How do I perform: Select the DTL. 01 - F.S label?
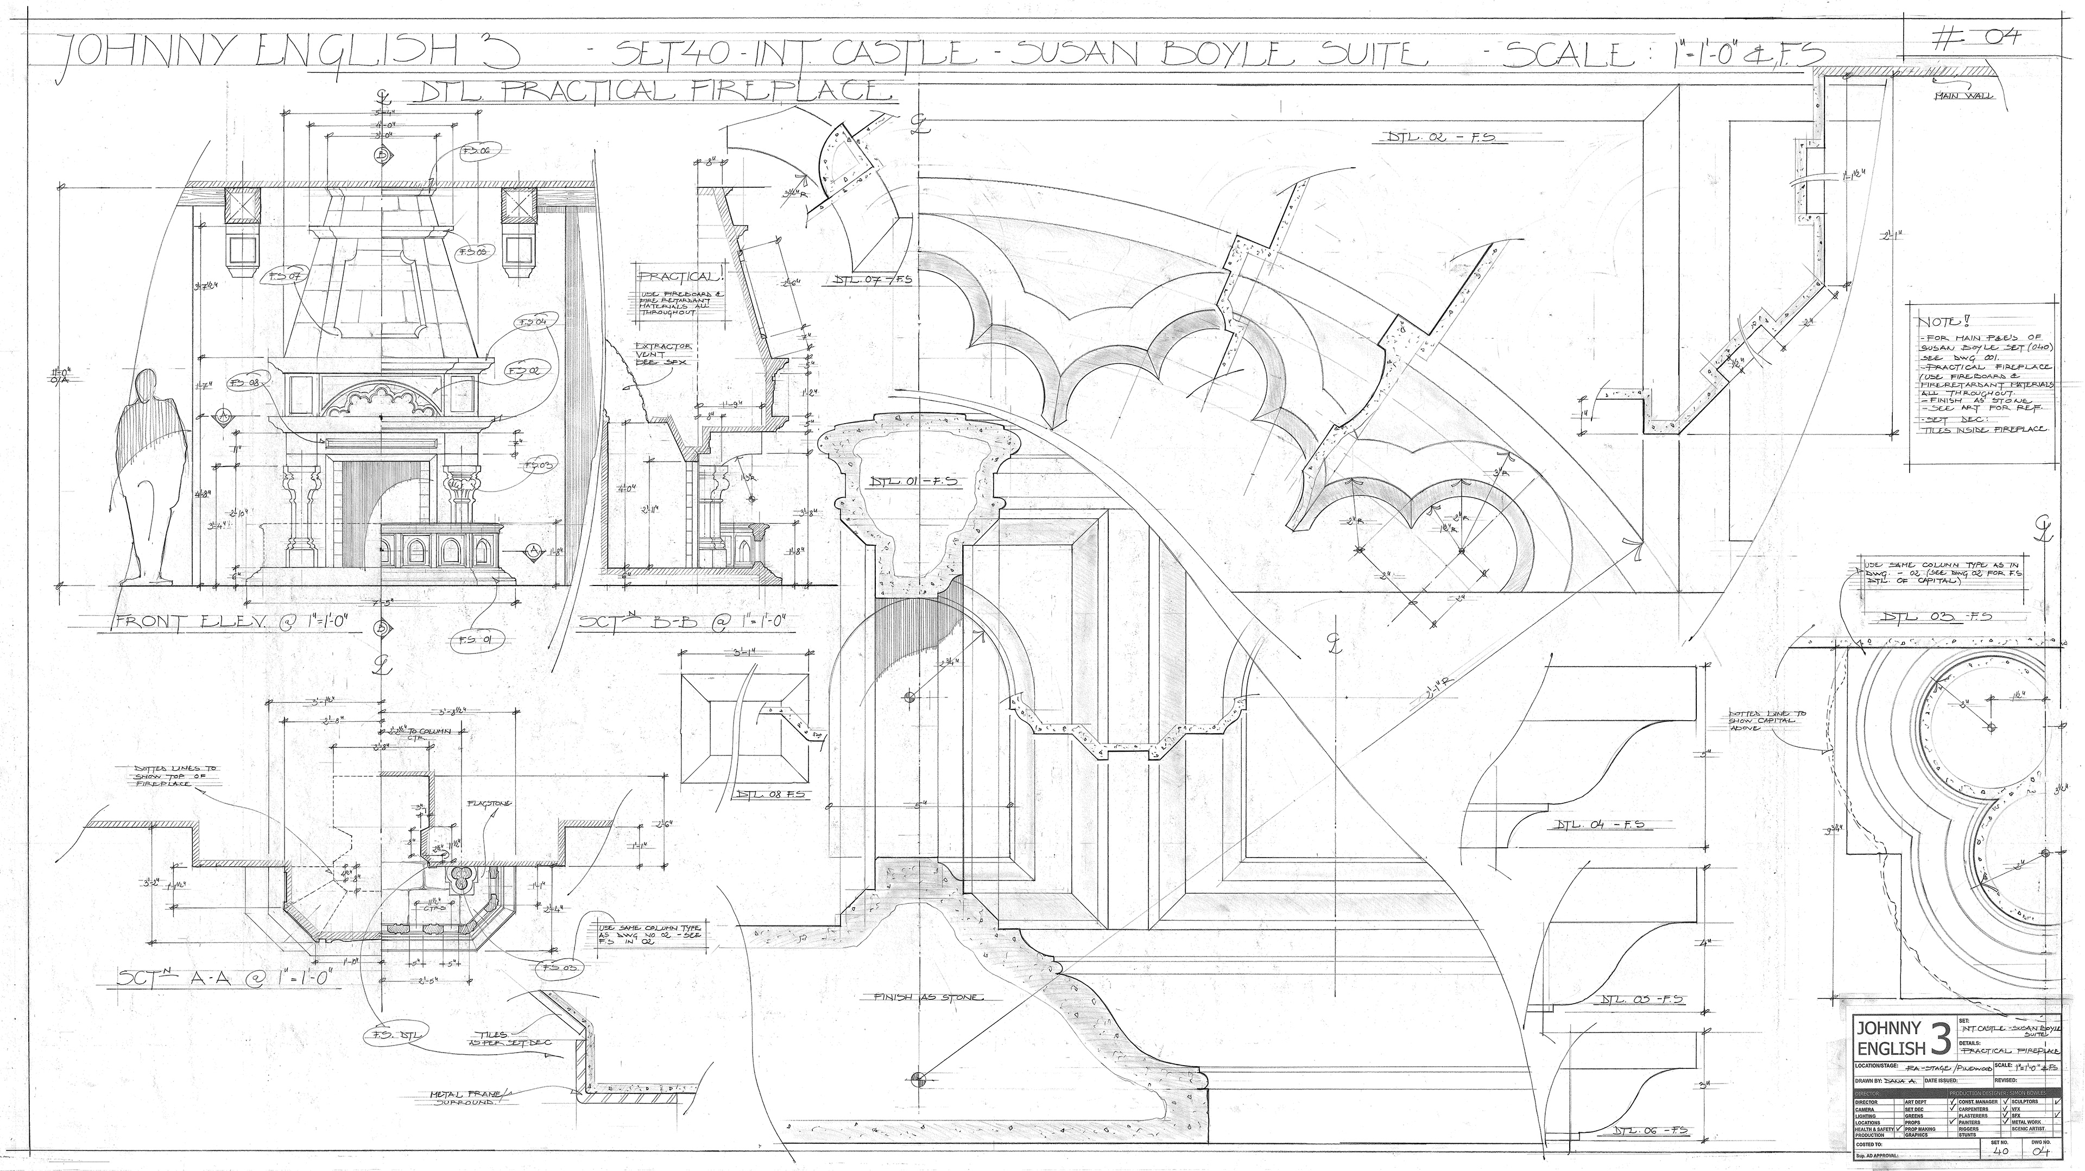point(913,481)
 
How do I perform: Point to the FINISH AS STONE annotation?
point(927,998)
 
